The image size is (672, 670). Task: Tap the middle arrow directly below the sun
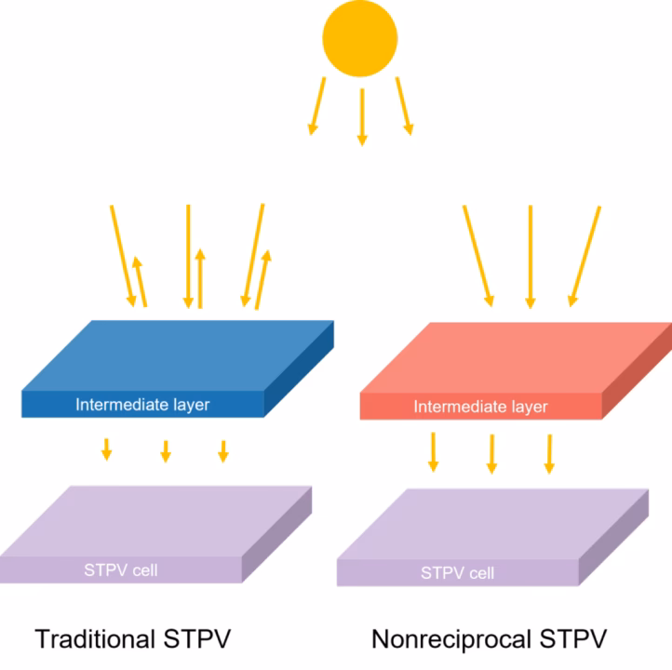pyautogui.click(x=362, y=116)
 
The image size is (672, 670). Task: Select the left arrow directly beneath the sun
pyautogui.click(x=318, y=105)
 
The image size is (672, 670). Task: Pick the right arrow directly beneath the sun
pyautogui.click(x=405, y=104)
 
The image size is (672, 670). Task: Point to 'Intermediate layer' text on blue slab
pyautogui.click(x=142, y=405)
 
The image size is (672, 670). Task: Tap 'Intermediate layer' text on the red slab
pyautogui.click(x=480, y=407)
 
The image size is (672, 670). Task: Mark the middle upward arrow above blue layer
pyautogui.click(x=200, y=275)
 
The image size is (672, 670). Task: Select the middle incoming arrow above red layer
pyautogui.click(x=530, y=256)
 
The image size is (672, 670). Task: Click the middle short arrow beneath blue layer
pyautogui.click(x=166, y=450)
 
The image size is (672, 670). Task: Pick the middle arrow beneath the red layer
pyautogui.click(x=491, y=453)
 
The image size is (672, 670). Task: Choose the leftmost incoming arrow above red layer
pyautogui.click(x=478, y=256)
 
